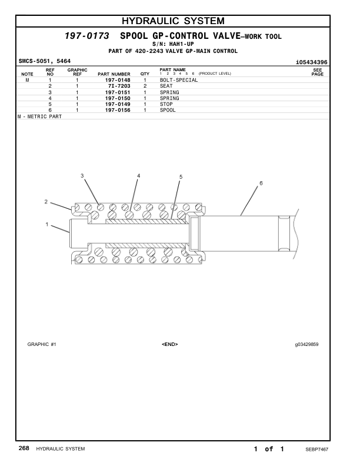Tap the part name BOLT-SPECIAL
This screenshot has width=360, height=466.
tap(179, 80)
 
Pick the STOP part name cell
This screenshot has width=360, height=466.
tap(166, 104)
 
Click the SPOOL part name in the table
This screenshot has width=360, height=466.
tap(168, 110)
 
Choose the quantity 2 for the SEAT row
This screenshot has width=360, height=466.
tap(145, 86)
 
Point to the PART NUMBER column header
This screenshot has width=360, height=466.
tap(114, 74)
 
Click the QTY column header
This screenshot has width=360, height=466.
tap(145, 74)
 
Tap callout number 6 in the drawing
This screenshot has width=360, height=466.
tap(261, 183)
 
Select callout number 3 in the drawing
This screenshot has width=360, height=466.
tap(82, 175)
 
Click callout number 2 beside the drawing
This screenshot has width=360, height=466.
tap(46, 202)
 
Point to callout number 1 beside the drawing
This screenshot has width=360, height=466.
tap(47, 224)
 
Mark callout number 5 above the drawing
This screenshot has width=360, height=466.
tap(181, 176)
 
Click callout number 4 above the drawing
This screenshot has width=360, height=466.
tap(139, 175)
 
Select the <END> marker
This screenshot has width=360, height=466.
tap(169, 344)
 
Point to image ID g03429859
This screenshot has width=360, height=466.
tap(307, 344)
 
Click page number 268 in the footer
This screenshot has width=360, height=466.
tap(24, 449)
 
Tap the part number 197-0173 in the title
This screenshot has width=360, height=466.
tap(87, 36)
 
